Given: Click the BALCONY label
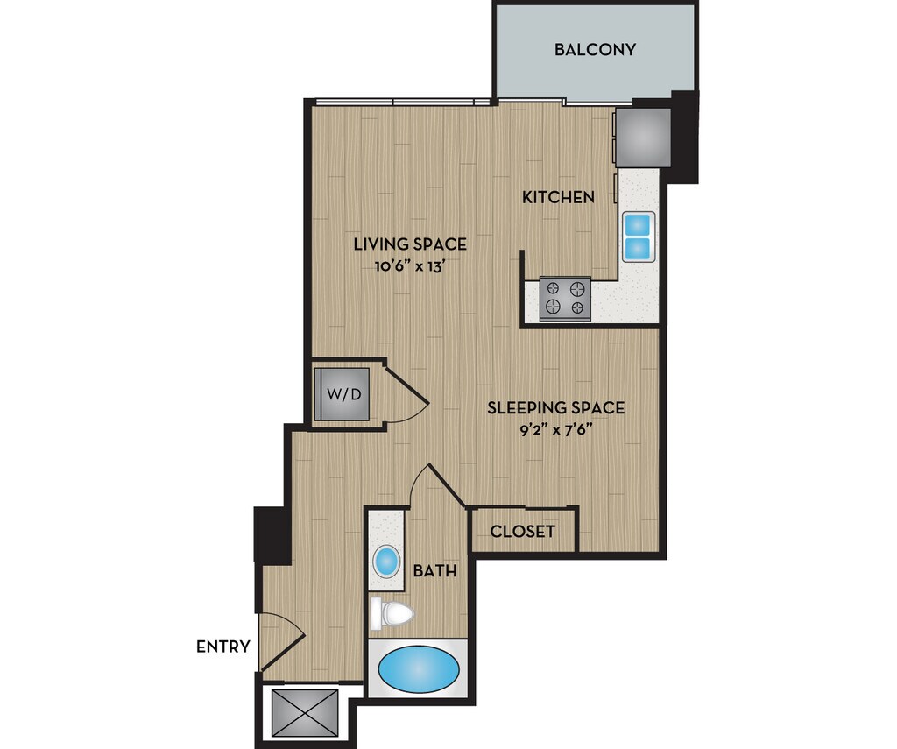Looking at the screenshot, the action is [x=595, y=49].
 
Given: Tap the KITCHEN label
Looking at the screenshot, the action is [x=558, y=197].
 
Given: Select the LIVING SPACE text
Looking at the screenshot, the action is [x=410, y=244].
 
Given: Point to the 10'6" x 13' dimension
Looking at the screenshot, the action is [x=410, y=266].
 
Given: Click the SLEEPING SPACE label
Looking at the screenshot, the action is [x=556, y=408].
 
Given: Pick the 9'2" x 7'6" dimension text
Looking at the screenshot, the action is [x=555, y=430].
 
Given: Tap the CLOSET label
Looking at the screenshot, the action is [x=522, y=532].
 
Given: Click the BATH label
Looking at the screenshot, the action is [x=434, y=570].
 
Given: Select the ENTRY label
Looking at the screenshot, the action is [x=223, y=647].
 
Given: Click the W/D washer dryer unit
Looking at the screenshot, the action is [x=343, y=394].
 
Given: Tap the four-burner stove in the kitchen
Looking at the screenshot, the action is [x=565, y=298].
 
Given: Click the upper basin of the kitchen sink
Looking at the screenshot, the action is [x=639, y=223].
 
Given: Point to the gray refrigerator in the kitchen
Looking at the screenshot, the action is [x=643, y=137].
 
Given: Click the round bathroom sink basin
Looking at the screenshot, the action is [x=386, y=562].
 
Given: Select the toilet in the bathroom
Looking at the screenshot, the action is [x=392, y=614].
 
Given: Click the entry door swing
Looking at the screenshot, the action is [x=283, y=641].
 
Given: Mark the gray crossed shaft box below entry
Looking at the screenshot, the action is [x=305, y=712].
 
